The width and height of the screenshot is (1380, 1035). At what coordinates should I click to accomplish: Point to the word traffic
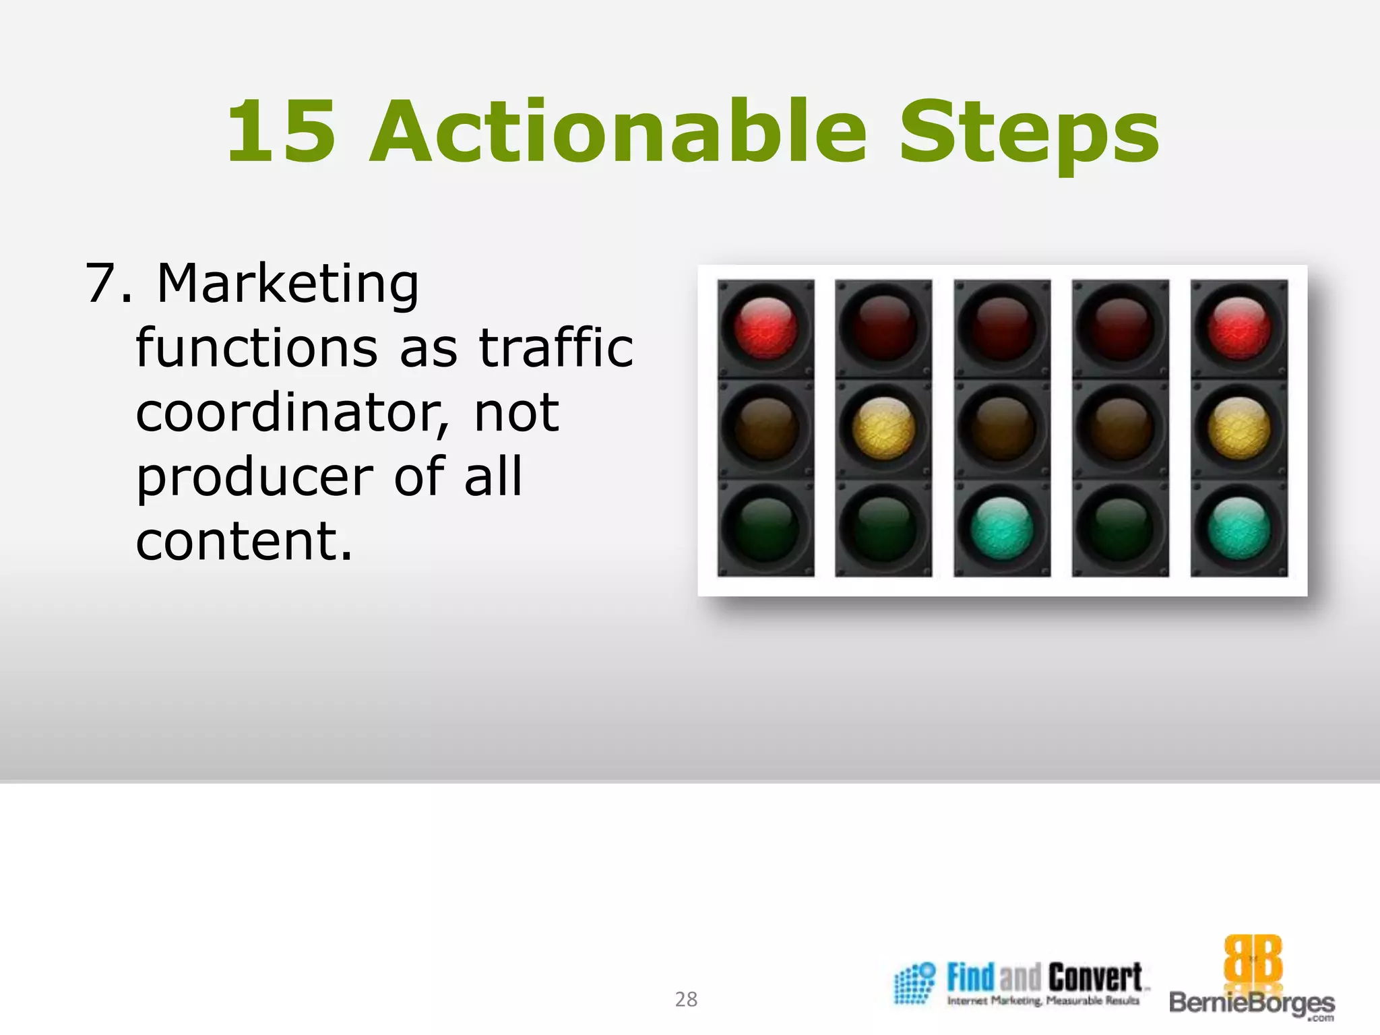556,348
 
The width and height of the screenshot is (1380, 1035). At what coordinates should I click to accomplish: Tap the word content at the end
244,540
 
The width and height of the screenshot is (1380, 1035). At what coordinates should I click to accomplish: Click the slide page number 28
686,999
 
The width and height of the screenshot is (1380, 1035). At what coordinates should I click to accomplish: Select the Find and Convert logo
1021,984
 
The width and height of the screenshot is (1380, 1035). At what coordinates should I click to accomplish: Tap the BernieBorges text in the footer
1252,1003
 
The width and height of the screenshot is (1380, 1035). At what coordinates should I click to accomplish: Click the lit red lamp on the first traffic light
765,328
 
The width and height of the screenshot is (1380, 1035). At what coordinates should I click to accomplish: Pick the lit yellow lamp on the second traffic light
883,428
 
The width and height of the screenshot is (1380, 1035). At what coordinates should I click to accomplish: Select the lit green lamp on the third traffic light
1002,528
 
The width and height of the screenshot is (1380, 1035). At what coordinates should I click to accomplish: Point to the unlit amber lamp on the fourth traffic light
1121,428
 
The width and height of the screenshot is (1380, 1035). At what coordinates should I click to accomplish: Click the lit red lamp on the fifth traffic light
1239,328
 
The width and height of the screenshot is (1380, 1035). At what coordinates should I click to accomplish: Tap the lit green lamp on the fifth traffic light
1239,528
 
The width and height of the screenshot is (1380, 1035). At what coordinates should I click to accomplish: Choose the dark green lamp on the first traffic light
765,528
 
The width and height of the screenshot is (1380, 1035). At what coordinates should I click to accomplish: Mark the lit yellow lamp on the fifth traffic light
1239,428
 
